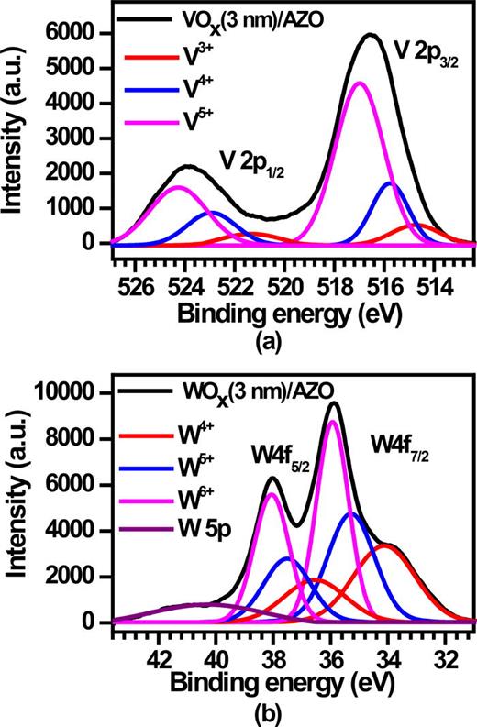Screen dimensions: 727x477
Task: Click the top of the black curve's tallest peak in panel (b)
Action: coord(334,403)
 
